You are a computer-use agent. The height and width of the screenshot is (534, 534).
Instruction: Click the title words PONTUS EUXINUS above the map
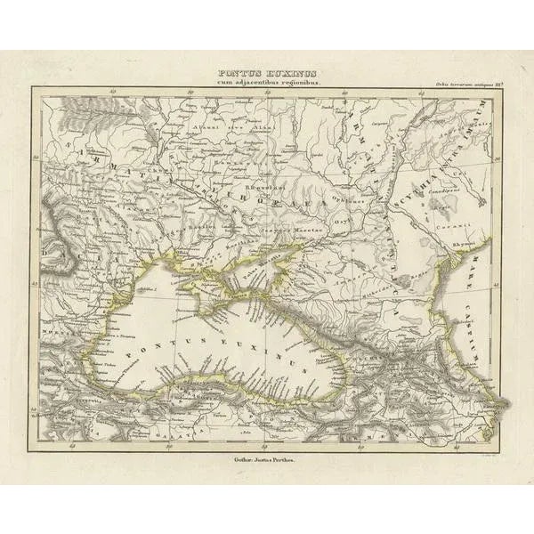click(x=267, y=74)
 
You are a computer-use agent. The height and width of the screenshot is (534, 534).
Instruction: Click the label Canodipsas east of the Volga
click(x=446, y=190)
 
